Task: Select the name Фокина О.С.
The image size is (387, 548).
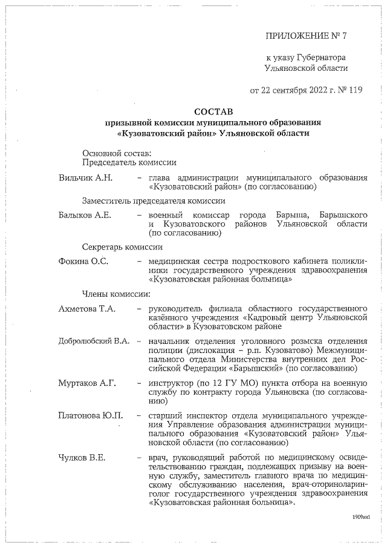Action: pyautogui.click(x=83, y=262)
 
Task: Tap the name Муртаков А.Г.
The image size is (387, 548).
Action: pyautogui.click(x=86, y=383)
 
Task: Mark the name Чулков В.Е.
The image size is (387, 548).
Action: pyautogui.click(x=82, y=457)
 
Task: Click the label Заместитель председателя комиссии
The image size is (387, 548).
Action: pyautogui.click(x=154, y=201)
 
